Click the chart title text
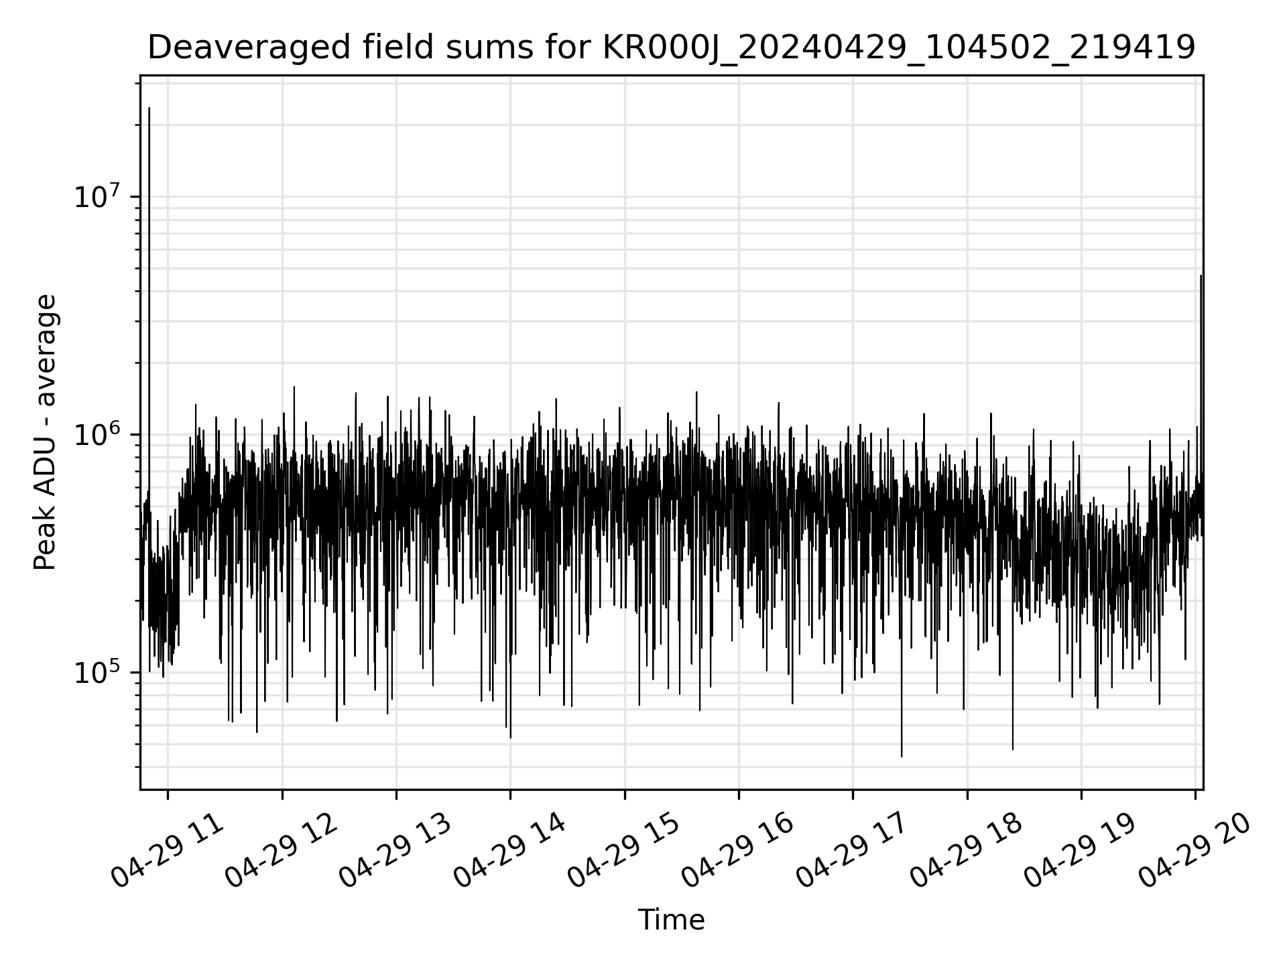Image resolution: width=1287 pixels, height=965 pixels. point(671,48)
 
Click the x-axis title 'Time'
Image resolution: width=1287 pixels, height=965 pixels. point(671,920)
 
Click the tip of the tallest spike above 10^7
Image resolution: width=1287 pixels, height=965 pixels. point(149,107)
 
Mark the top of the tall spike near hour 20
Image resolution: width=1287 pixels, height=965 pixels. point(1201,275)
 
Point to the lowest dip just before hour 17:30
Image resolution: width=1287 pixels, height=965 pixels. point(902,756)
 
